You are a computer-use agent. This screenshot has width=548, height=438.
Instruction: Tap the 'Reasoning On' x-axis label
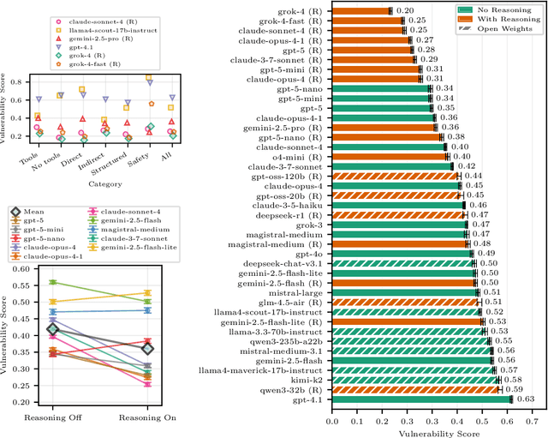click(146, 418)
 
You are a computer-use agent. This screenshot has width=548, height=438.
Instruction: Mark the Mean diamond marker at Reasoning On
click(146, 349)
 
